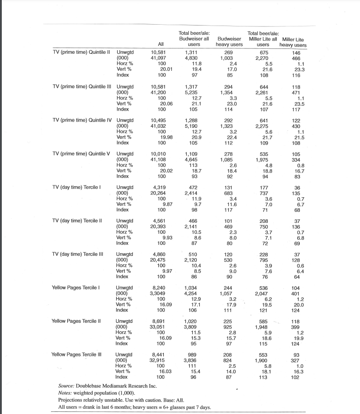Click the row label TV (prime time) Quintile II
point(82,52)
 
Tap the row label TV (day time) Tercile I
point(77,187)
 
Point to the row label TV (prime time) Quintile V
point(81,153)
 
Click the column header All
point(161,44)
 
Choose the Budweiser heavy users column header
point(229,42)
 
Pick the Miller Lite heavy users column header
point(293,42)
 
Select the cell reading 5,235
point(191,91)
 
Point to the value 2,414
point(191,192)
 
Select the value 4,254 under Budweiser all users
point(191,293)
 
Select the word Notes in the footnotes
point(66,392)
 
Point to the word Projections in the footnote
point(72,399)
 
